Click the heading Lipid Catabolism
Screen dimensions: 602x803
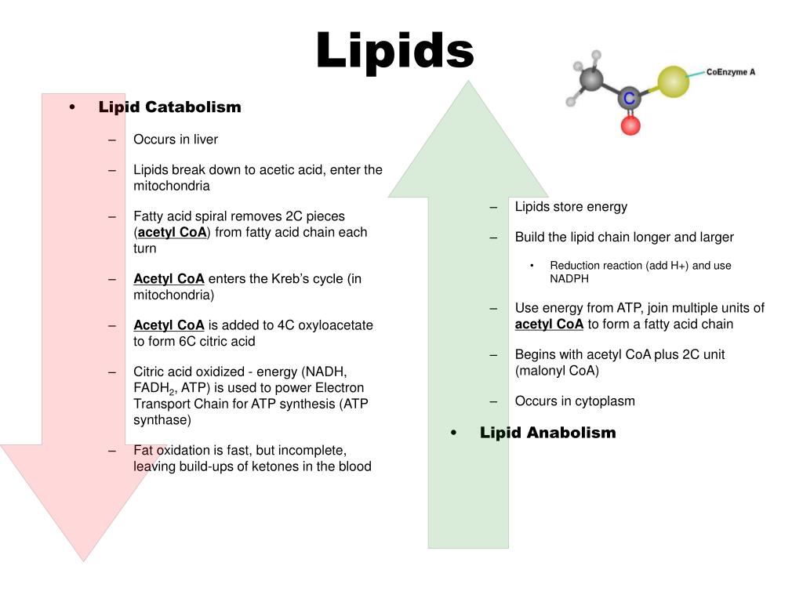tap(169, 107)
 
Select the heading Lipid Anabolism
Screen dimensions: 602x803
tap(547, 433)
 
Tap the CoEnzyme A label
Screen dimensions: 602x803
tap(730, 71)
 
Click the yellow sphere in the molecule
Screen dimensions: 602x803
tap(672, 82)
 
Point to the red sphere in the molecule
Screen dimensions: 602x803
tap(630, 125)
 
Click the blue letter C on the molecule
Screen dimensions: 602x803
tap(627, 98)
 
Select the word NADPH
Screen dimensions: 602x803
tap(569, 278)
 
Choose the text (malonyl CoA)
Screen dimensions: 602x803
tap(557, 371)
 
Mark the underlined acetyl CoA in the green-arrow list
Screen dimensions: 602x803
tap(549, 325)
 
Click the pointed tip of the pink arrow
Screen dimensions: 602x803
tap(83, 560)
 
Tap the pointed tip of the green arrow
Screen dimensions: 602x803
tap(468, 82)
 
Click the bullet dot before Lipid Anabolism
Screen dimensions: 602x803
tap(454, 433)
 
